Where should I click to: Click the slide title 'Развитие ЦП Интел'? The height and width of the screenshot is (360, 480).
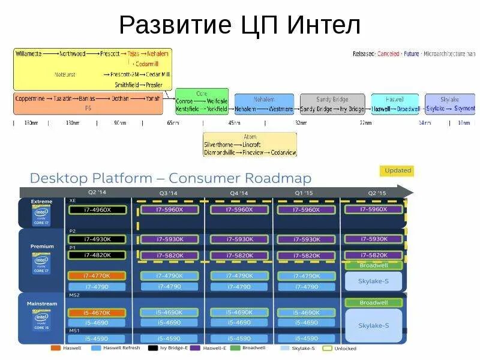coord(239,25)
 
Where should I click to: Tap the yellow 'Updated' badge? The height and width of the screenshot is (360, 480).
coord(397,170)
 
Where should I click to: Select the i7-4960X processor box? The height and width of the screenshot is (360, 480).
coord(97,209)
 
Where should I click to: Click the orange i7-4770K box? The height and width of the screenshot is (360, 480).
coord(97,276)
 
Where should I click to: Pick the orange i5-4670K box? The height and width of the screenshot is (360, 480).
coord(97,313)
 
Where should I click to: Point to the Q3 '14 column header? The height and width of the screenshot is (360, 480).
coord(169,193)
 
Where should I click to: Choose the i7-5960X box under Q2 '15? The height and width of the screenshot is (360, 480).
coord(373,209)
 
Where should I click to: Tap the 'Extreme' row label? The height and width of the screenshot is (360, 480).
coord(41,202)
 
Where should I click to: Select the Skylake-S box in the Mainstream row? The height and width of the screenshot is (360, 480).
coord(374,325)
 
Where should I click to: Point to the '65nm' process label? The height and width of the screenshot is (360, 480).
coord(173,123)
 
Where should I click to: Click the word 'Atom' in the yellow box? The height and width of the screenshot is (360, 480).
coord(250,137)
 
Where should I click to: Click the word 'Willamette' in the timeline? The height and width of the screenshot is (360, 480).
coord(28,53)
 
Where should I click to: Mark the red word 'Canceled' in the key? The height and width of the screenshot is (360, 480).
coord(388,54)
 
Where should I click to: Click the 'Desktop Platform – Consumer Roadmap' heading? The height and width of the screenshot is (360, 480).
coord(170,178)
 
